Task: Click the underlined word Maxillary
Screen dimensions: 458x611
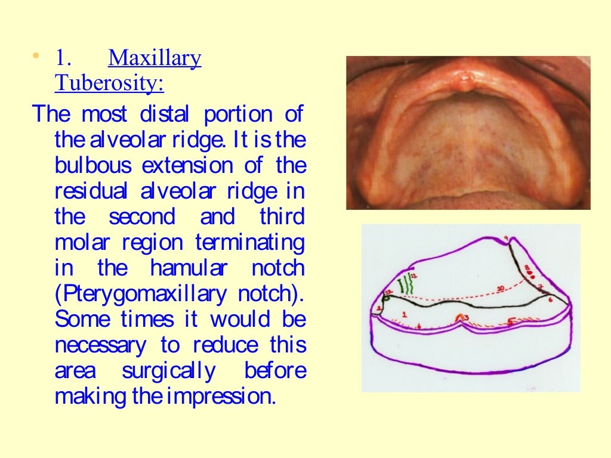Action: coord(155,58)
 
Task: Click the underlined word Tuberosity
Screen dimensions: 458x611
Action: coord(109,83)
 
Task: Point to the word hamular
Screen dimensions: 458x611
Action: coord(188,268)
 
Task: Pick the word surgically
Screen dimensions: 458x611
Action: coord(169,371)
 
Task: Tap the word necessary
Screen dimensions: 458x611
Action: coord(100,345)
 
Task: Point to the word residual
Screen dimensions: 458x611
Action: coord(91,191)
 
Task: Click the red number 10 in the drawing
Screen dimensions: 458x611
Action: coord(500,289)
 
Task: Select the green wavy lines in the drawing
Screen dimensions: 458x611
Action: coord(407,284)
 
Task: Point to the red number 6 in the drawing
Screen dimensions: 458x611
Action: coord(550,299)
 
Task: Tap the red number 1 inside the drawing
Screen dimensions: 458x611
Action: coord(405,313)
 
